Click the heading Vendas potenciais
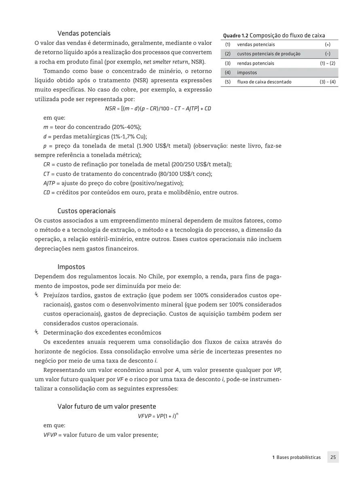84,33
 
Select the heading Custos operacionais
87,211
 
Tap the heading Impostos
71,267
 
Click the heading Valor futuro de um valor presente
107,406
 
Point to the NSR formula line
158,108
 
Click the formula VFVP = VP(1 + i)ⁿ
158,416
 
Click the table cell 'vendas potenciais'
256,45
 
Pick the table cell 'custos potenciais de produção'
269,54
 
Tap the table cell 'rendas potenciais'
255,64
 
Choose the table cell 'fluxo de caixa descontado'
264,82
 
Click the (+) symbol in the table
327,45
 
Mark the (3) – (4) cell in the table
327,82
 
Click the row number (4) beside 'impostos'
228,73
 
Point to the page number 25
333,457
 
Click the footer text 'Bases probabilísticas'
299,457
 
